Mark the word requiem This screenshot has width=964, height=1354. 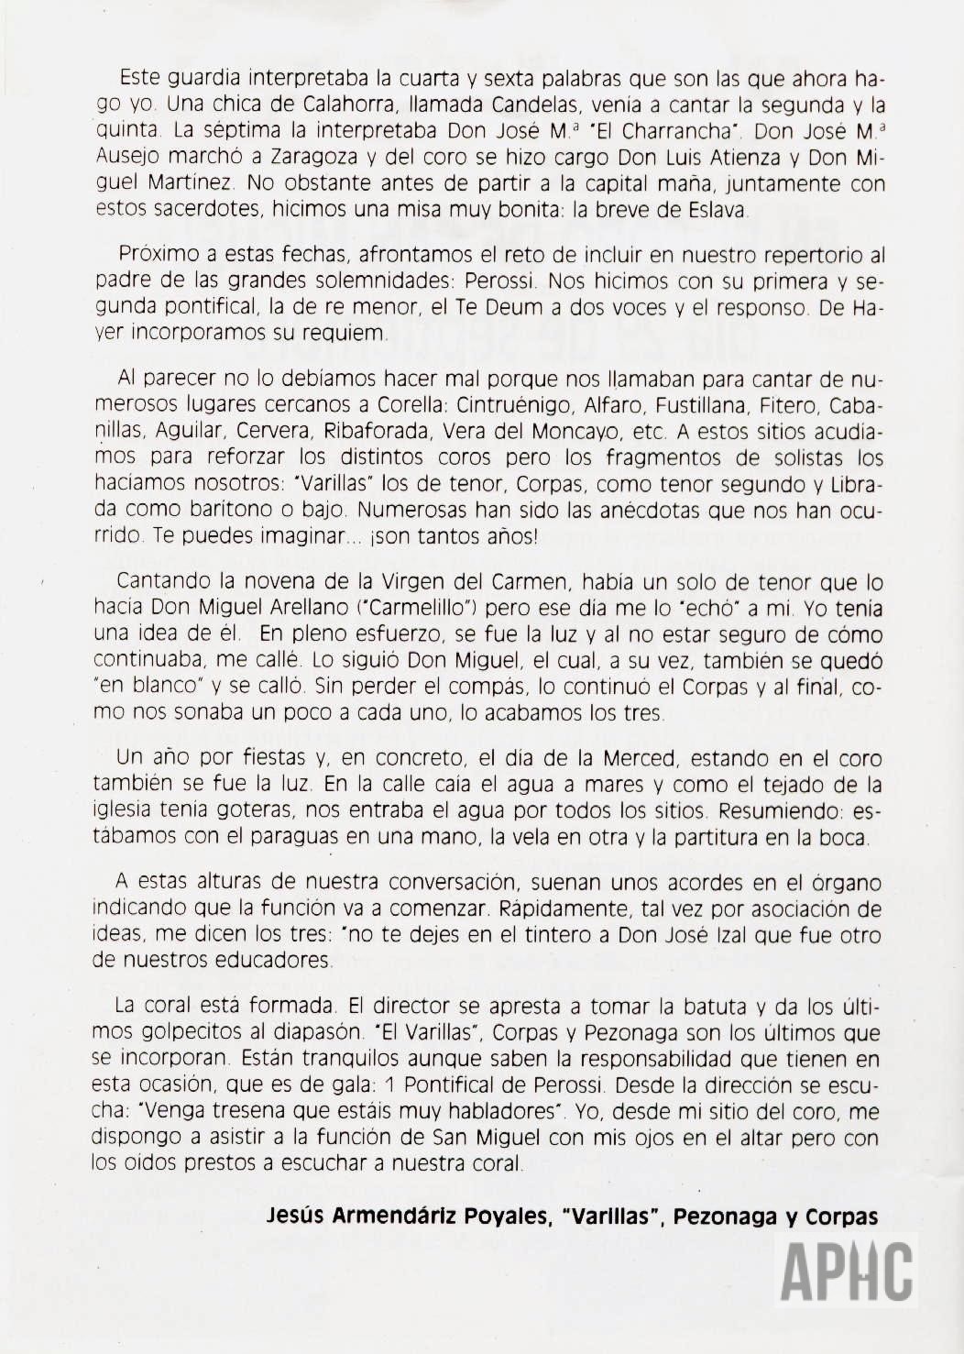[x=347, y=334]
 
